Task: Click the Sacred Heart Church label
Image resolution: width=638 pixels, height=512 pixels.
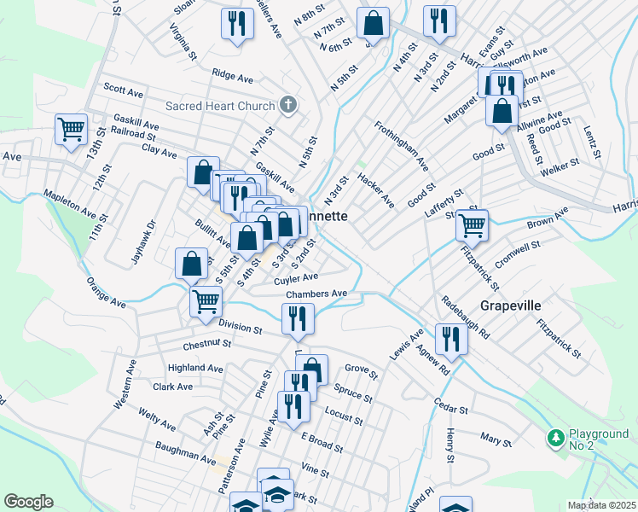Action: coord(220,106)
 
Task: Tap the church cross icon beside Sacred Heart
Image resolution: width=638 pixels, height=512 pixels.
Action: coord(288,106)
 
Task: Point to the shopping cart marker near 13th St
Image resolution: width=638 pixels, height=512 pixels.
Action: coord(72,130)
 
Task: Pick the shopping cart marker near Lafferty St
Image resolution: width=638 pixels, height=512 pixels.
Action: coord(472,225)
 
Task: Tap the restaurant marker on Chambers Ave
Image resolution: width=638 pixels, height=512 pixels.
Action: coord(298,319)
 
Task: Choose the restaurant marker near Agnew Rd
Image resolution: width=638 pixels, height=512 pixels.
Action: coord(450,339)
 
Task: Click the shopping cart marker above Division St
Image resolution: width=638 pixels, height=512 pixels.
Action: coord(206,301)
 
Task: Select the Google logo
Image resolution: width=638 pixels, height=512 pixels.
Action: coord(28,502)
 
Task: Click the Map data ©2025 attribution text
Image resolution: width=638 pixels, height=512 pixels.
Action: coord(601,505)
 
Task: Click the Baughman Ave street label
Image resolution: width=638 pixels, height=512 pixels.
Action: coord(185,452)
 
